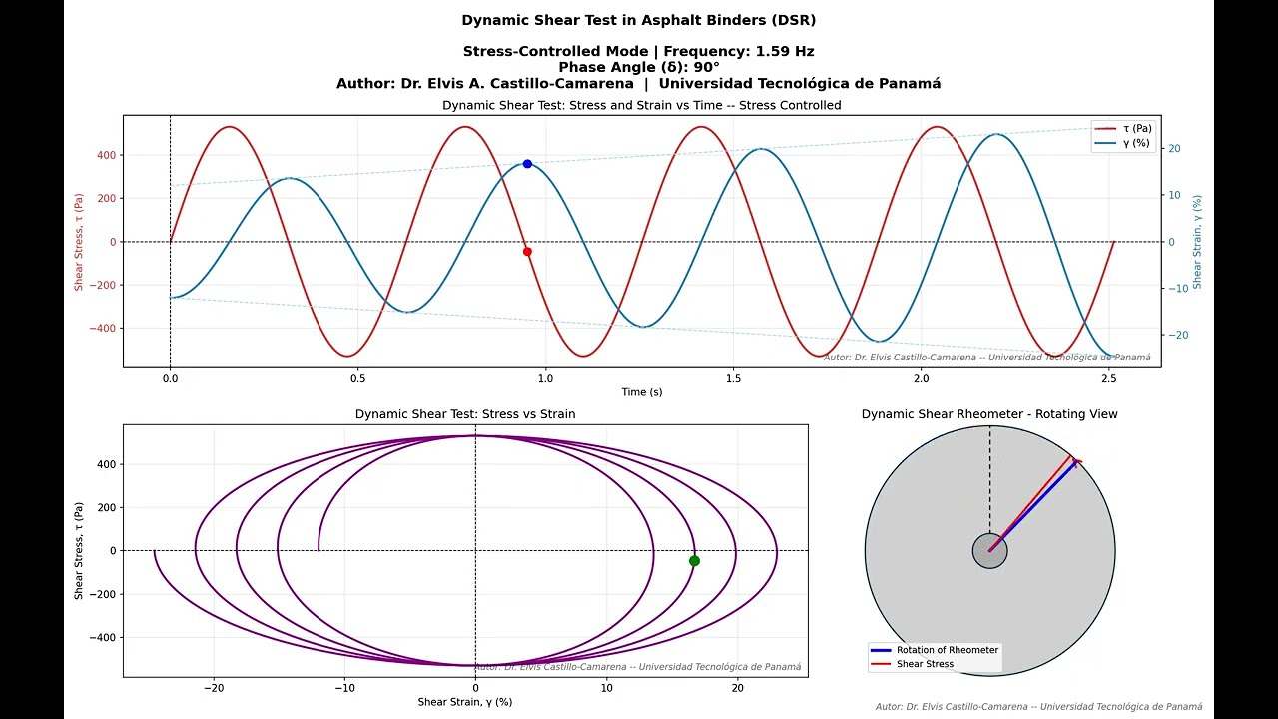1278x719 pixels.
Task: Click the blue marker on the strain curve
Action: point(527,164)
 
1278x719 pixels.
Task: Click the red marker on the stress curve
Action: point(527,252)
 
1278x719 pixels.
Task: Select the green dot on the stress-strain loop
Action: point(694,561)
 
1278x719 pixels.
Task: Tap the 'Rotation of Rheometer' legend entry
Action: point(947,650)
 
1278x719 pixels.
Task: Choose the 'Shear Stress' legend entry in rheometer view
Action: point(925,664)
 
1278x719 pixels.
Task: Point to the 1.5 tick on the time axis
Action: point(733,379)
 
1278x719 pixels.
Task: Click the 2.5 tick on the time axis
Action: point(1109,379)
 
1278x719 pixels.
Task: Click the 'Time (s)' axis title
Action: point(641,392)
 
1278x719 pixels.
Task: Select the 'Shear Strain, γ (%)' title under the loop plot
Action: point(465,702)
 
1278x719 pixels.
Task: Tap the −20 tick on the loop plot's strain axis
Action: point(214,687)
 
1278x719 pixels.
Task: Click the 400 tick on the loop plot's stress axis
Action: point(104,464)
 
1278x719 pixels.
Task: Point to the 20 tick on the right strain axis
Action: point(1175,149)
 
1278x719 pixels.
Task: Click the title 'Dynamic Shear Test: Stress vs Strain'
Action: point(465,414)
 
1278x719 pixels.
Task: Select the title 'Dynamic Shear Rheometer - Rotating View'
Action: point(989,414)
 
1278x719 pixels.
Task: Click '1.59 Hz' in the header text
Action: point(784,51)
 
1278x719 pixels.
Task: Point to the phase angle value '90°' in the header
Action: point(706,67)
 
